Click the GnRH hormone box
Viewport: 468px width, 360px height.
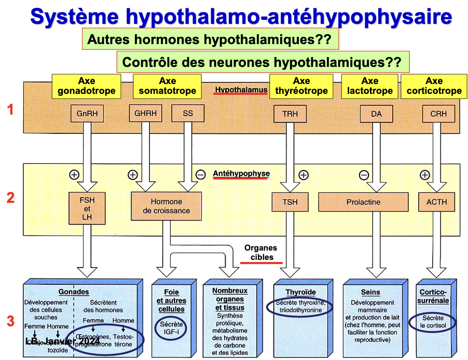click(x=86, y=114)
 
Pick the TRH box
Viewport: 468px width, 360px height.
click(x=290, y=114)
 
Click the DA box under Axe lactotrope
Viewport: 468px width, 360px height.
click(x=376, y=114)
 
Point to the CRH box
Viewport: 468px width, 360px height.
click(x=438, y=114)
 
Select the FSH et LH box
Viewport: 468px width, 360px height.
click(x=86, y=207)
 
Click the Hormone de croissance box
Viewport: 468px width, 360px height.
click(x=167, y=206)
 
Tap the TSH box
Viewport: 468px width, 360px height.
click(x=290, y=202)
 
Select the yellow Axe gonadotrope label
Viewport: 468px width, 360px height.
click(x=86, y=86)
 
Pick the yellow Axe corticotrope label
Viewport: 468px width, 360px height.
click(x=434, y=86)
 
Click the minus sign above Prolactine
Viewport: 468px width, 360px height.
click(x=364, y=175)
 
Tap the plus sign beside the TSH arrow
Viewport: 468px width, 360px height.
click(x=304, y=175)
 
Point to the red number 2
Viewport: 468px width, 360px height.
click(x=10, y=198)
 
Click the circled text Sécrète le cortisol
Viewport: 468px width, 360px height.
click(x=433, y=322)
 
